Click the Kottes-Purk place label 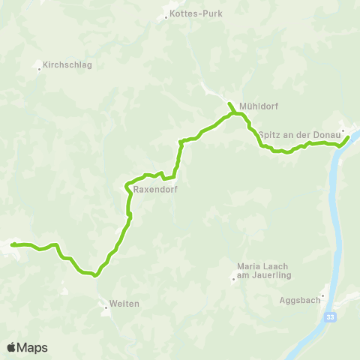coord(193,14)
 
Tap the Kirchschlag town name coord(67,65)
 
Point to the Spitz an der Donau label coord(299,134)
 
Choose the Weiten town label coord(124,304)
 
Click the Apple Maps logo coord(27,347)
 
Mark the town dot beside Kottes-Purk coord(166,16)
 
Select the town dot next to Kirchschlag coord(39,69)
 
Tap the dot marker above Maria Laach coord(232,280)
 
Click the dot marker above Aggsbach coord(323,295)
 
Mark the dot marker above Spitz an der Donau coord(343,130)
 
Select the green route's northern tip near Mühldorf coord(228,102)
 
